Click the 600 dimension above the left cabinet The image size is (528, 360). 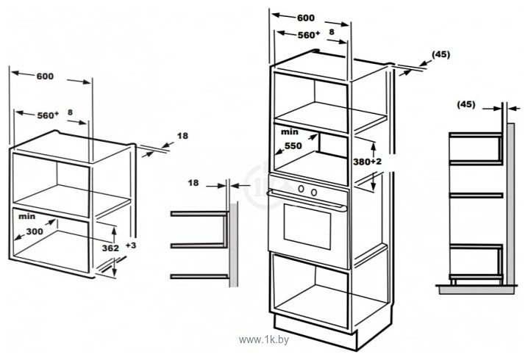coord(45,76)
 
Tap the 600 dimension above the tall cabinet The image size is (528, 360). coord(306,18)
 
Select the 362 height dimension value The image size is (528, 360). coord(110,248)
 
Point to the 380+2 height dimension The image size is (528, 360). coord(368,162)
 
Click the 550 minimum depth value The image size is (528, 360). coord(293,145)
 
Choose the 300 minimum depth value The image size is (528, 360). coord(35,231)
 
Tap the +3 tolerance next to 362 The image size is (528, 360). coord(131,245)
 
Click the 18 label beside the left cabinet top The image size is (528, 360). coord(182,136)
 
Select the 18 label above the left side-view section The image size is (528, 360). coord(193,183)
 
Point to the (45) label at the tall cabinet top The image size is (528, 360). coord(440,54)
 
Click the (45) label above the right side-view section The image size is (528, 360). coord(466,104)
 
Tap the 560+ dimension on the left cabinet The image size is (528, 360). coord(48,115)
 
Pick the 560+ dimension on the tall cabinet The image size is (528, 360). coord(308,35)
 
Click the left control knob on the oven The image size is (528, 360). coord(302,189)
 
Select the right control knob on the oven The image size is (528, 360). coord(314,192)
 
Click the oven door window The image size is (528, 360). coord(307,226)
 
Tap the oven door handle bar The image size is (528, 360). coord(307,201)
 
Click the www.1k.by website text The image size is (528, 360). coord(264,340)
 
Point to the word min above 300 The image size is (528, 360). coord(27,216)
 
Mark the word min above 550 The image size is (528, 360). coord(290,132)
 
